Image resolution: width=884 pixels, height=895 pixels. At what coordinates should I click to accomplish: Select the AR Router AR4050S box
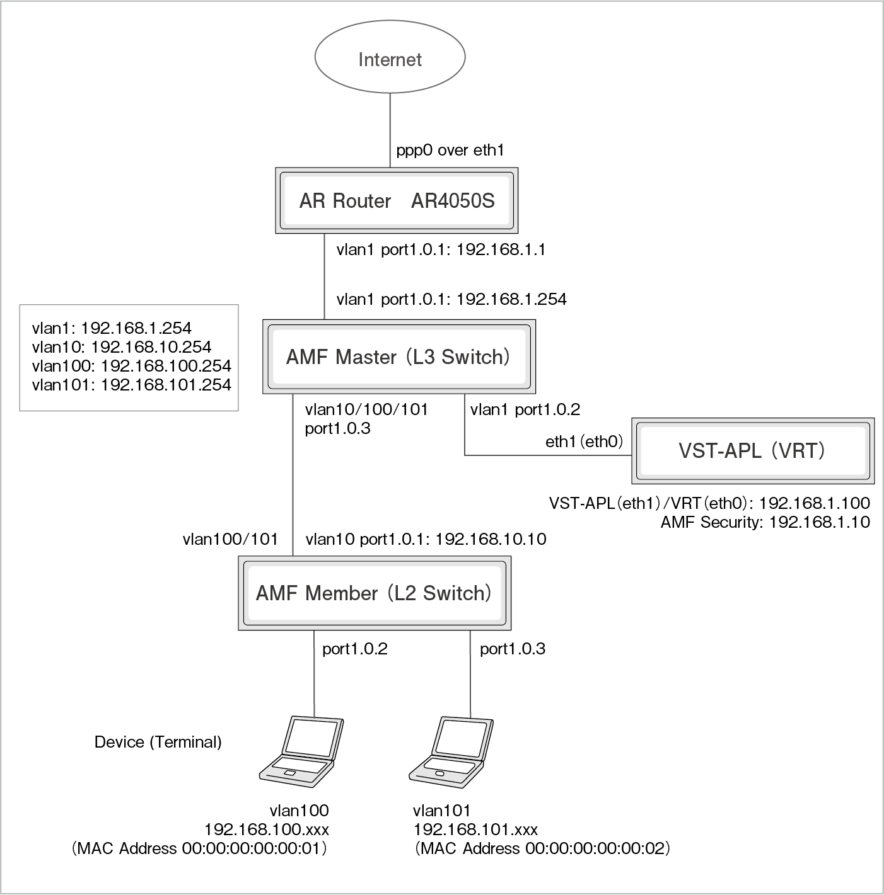point(397,201)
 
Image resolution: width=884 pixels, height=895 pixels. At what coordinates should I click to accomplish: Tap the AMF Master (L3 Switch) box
point(398,357)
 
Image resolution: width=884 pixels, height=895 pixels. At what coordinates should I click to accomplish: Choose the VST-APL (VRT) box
point(752,450)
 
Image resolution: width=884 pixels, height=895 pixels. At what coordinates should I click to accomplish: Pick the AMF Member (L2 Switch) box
point(374,593)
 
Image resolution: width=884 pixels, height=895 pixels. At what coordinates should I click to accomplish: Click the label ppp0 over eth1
point(450,151)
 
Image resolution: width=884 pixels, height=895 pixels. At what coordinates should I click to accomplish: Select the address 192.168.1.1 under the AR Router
point(501,249)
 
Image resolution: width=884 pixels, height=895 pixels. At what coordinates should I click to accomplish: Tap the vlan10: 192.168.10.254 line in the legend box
point(122,347)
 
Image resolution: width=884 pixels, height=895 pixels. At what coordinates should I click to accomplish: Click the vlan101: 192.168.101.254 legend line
point(131,385)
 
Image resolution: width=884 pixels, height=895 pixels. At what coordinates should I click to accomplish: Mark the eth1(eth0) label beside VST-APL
point(584,442)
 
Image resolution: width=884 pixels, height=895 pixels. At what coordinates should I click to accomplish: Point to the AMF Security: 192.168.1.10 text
point(765,522)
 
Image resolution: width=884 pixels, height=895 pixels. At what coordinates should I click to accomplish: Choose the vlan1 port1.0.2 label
point(525,409)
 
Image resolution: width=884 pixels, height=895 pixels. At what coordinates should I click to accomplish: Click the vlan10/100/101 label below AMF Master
point(366,409)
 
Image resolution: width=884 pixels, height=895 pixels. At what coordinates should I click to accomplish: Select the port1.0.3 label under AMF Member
point(512,649)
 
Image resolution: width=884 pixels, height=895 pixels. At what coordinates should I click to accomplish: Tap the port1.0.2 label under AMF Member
point(354,649)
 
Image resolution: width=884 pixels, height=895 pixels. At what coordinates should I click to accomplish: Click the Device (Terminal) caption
point(158,742)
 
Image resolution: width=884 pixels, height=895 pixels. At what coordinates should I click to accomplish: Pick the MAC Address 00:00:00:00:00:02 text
point(542,848)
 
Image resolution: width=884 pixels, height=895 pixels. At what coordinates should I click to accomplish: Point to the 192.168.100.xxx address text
point(266,829)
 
